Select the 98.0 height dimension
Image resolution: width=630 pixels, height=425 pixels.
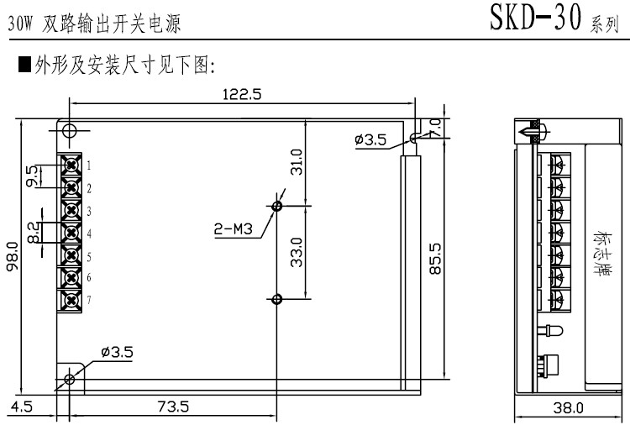click(13, 256)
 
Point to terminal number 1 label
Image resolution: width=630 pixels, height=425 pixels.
click(87, 165)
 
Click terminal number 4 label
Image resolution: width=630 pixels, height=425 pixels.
click(87, 233)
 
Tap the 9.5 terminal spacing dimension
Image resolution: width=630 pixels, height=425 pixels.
click(32, 176)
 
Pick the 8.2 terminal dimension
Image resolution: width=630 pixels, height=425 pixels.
click(32, 233)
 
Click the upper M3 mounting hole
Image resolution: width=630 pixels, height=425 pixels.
click(278, 205)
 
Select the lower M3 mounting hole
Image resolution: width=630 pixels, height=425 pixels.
click(278, 298)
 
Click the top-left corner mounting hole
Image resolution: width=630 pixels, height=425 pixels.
click(69, 130)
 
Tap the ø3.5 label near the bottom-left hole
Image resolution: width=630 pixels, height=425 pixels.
click(116, 353)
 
